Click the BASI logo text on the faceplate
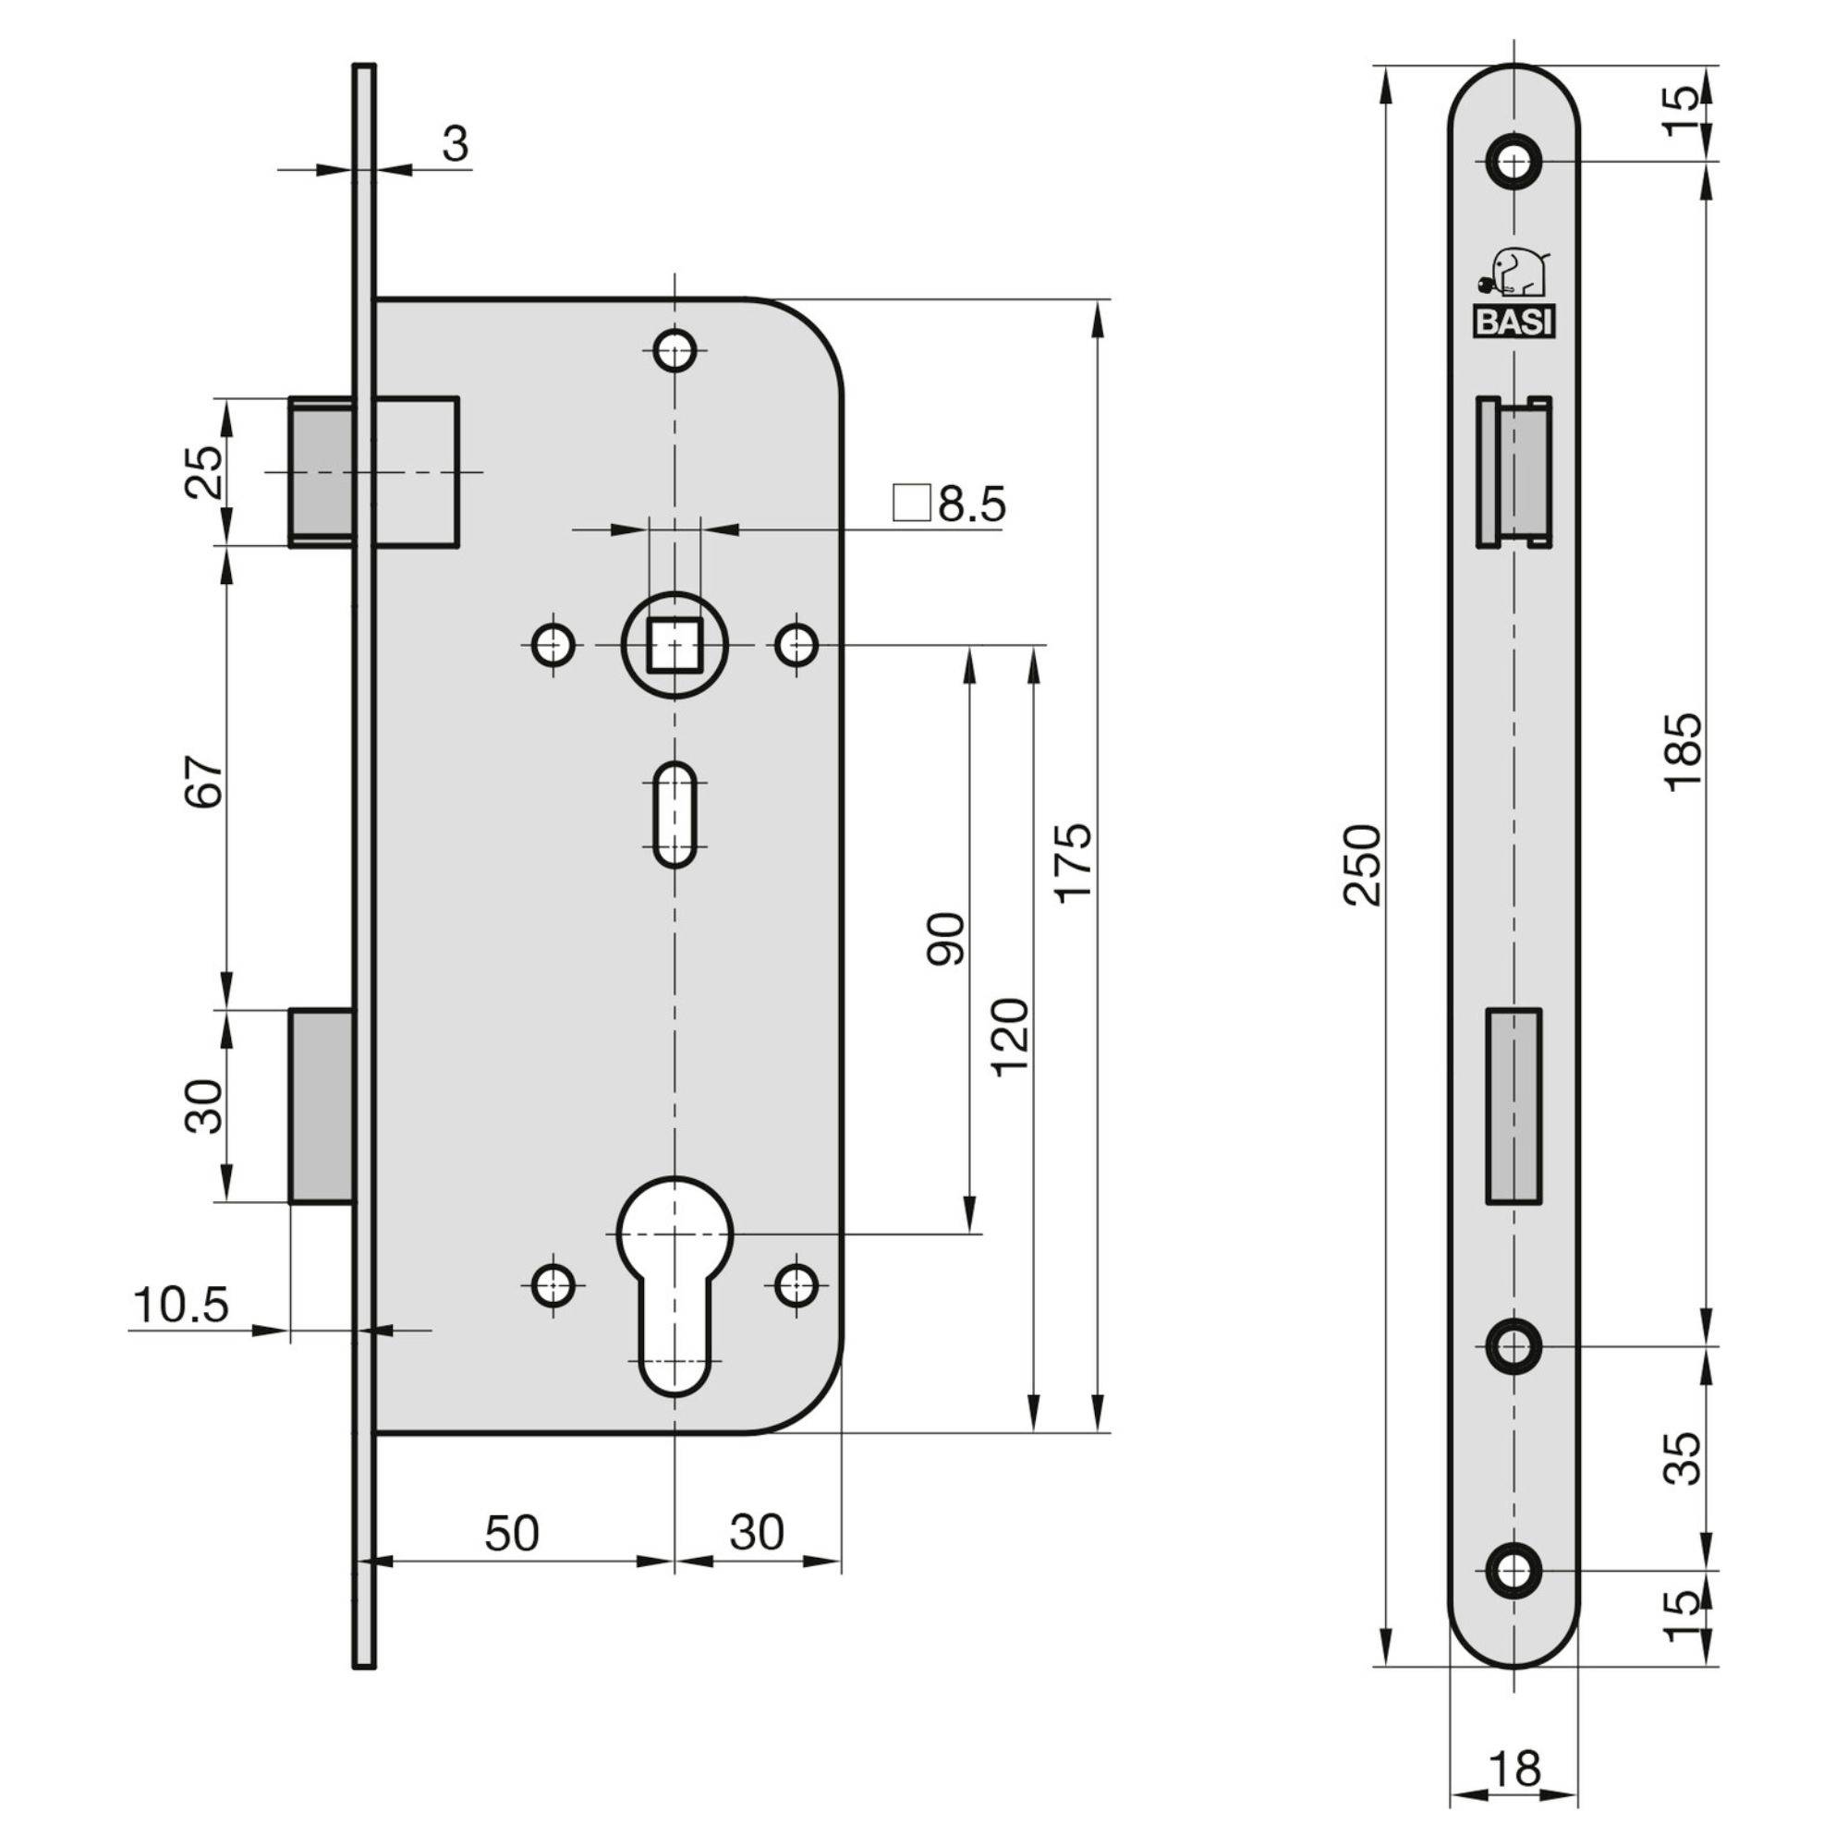pyautogui.click(x=1513, y=322)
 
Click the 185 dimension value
pyautogui.click(x=1684, y=751)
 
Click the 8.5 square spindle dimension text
pyautogui.click(x=970, y=505)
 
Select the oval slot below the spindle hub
pyautogui.click(x=675, y=814)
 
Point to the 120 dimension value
pyautogui.click(x=1009, y=1038)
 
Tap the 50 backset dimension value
pyautogui.click(x=512, y=1533)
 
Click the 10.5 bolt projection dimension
pyautogui.click(x=181, y=1306)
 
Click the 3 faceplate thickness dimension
pyautogui.click(x=456, y=144)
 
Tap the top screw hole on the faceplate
pyautogui.click(x=1514, y=162)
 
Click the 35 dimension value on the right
pyautogui.click(x=1684, y=1458)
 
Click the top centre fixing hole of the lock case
pyautogui.click(x=675, y=350)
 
